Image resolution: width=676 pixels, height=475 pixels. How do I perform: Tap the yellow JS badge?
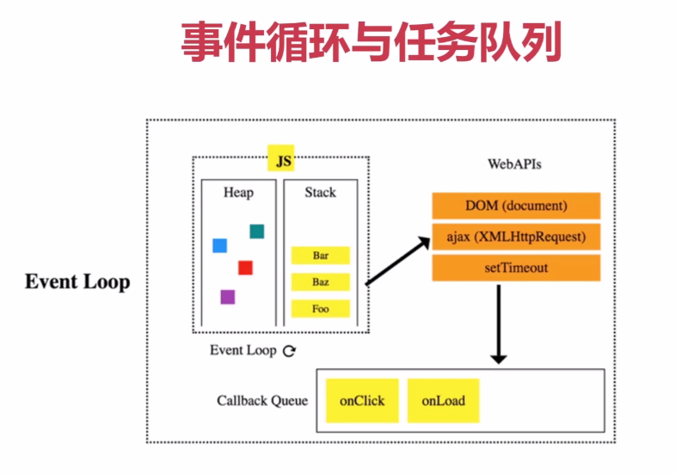click(282, 159)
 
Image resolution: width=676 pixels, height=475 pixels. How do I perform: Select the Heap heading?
click(238, 192)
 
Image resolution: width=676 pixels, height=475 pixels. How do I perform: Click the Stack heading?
click(320, 192)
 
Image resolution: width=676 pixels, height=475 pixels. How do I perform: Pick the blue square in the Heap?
click(219, 246)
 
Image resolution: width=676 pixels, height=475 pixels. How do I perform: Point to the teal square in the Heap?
click(256, 231)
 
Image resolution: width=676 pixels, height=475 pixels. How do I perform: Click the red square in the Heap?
click(245, 268)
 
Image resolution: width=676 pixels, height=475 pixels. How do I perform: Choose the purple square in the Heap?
click(227, 297)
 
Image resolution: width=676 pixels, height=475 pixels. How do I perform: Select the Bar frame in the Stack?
click(321, 256)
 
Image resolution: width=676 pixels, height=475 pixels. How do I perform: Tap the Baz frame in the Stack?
click(321, 281)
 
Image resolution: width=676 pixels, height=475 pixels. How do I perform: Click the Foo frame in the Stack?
click(321, 308)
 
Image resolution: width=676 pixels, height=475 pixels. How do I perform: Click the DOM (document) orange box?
click(516, 207)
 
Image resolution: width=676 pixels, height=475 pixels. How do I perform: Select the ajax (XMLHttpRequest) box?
click(516, 237)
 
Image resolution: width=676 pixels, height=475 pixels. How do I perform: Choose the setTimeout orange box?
click(516, 268)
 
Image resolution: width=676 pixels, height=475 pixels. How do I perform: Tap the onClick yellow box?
click(362, 400)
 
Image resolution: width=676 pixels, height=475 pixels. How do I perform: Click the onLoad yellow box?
click(443, 400)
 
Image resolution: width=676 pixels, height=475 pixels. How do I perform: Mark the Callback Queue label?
click(261, 401)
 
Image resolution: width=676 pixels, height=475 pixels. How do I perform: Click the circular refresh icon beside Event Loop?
click(290, 351)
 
